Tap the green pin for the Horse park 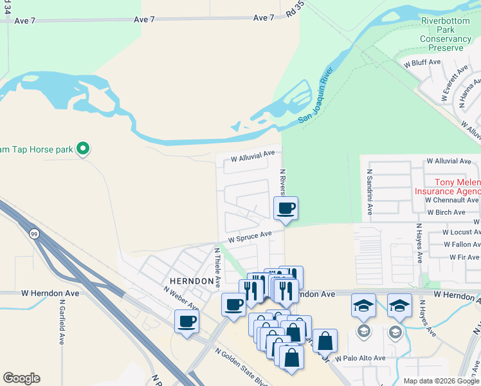coord(82,149)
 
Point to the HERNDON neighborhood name coord(191,281)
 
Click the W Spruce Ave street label coord(250,237)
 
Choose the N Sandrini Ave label coord(370,192)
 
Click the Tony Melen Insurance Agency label coord(448,187)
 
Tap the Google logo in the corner coord(21,378)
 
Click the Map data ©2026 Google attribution coord(442,381)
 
